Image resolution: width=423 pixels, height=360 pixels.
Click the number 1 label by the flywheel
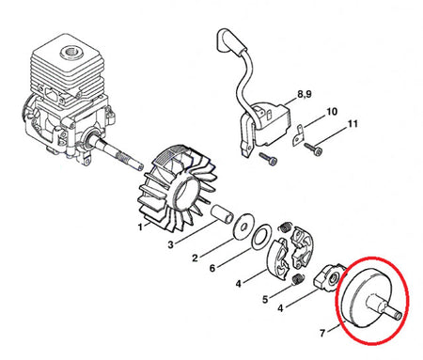[x=140, y=227]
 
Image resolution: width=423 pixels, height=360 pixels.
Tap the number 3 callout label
[x=170, y=244]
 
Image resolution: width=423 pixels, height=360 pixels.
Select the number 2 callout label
[x=195, y=258]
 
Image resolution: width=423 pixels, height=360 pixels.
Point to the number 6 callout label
[x=212, y=268]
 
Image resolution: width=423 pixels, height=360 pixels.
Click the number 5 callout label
[x=265, y=300]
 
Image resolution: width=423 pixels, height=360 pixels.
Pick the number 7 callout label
[x=322, y=333]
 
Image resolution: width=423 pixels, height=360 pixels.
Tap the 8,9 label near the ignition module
[x=305, y=94]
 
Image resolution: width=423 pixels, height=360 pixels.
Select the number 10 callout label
[x=332, y=112]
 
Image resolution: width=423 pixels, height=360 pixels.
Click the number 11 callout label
[x=352, y=124]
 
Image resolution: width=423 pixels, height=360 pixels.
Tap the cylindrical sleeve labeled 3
[x=222, y=214]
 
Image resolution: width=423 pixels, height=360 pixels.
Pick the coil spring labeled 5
[x=298, y=279]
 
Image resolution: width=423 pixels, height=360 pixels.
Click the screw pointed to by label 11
[x=313, y=149]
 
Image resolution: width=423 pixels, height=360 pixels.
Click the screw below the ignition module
[x=269, y=159]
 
